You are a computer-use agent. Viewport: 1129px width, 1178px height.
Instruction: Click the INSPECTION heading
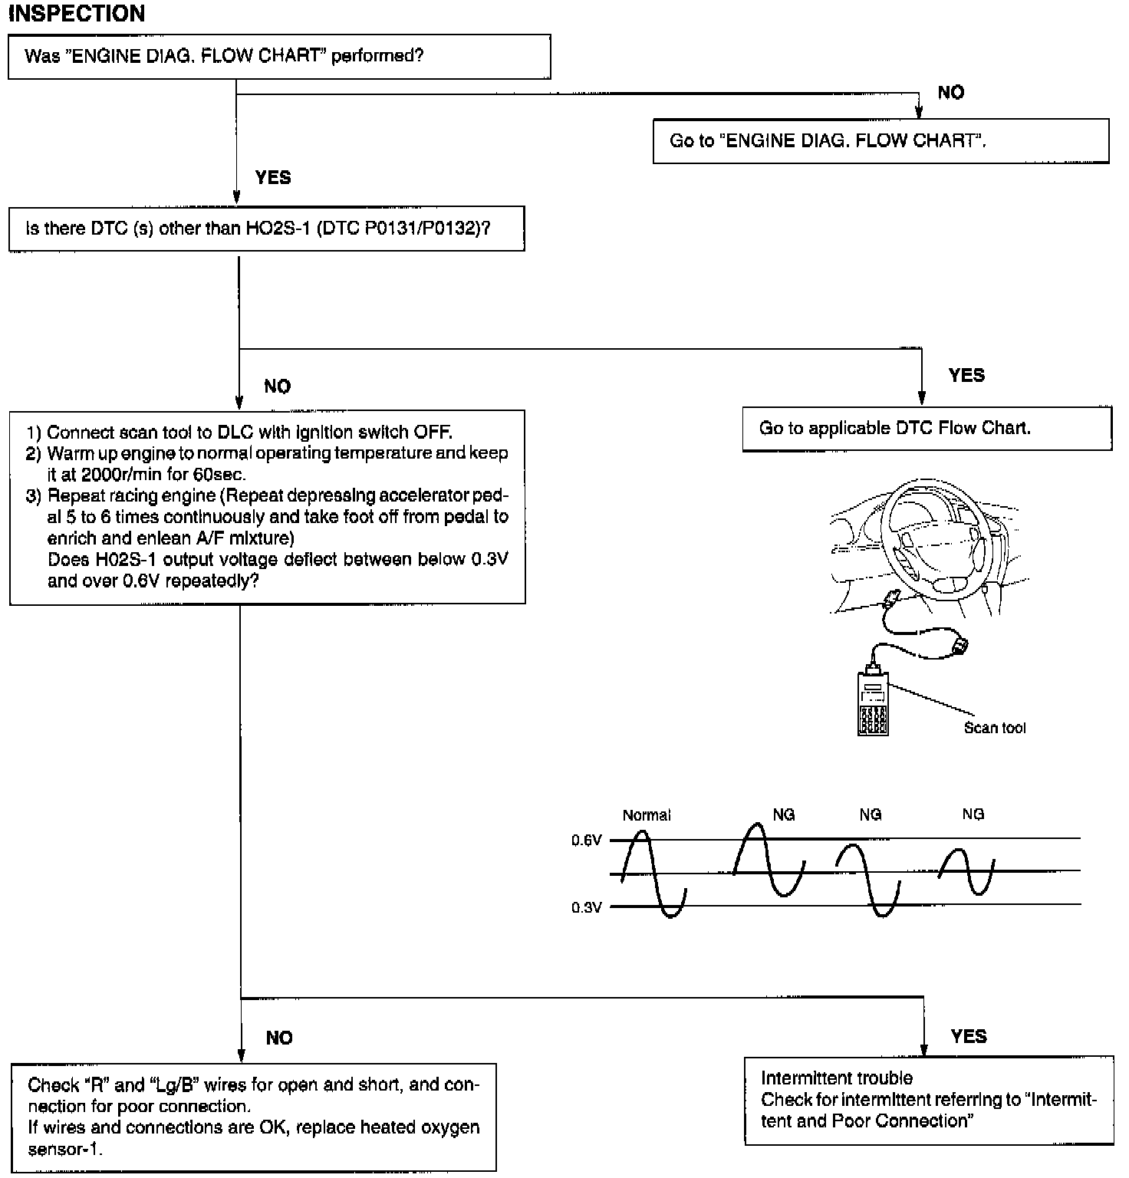tap(76, 14)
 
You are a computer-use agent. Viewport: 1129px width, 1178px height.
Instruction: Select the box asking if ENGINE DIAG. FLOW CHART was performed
tap(279, 57)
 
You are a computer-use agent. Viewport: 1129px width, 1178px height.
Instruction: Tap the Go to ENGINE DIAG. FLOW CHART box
tap(880, 141)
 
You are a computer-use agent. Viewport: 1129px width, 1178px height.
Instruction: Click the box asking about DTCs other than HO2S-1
tap(266, 229)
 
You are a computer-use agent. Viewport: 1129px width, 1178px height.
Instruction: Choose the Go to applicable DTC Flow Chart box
tap(927, 429)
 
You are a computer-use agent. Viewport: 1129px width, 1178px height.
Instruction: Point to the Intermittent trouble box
tap(928, 1100)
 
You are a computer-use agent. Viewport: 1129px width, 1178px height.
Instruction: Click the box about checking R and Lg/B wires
tap(253, 1117)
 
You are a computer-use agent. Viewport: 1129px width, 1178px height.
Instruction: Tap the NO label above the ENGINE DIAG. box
tap(950, 93)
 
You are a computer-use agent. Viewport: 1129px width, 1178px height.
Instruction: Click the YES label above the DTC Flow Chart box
tap(966, 376)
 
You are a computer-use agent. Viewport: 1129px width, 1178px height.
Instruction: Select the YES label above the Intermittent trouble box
tap(968, 1037)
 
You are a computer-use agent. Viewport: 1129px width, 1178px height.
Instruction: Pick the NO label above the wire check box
tap(279, 1038)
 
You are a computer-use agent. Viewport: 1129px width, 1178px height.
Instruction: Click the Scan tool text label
tap(994, 729)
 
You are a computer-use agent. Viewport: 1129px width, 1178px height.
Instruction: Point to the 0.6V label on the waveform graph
tap(586, 841)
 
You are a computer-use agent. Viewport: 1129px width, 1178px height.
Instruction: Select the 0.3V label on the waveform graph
tap(586, 908)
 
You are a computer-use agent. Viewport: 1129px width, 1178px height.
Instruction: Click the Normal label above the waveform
tap(646, 815)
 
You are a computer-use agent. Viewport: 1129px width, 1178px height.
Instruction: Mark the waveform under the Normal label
tap(653, 874)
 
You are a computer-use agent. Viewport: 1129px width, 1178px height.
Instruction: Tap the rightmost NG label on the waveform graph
tap(973, 814)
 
